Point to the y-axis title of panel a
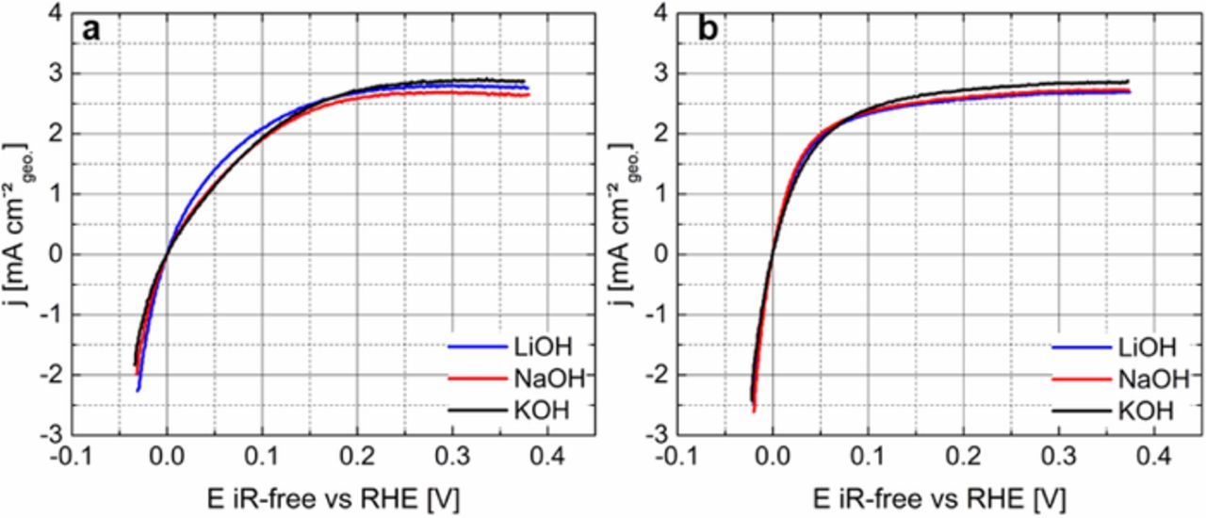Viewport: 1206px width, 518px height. click(x=20, y=224)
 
